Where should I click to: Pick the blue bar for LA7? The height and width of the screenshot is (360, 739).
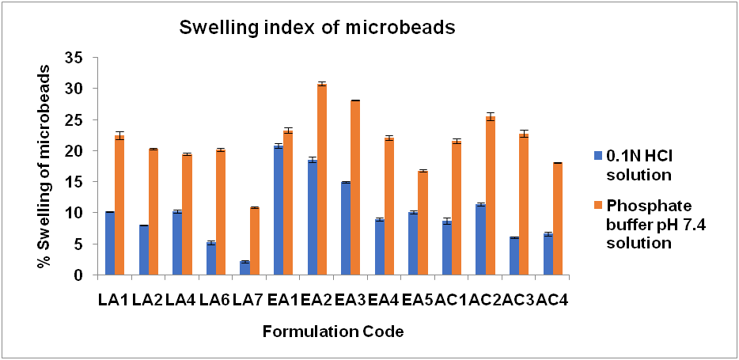click(244, 268)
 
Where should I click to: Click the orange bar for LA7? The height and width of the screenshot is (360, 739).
click(255, 241)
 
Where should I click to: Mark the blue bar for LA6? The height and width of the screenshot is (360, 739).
click(210, 259)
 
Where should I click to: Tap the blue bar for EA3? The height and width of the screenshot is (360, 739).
click(345, 229)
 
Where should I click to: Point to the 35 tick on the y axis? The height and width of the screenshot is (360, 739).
click(78, 58)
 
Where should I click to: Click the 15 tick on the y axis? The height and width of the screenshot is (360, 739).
click(78, 182)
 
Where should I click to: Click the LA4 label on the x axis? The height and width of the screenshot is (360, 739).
click(182, 301)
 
